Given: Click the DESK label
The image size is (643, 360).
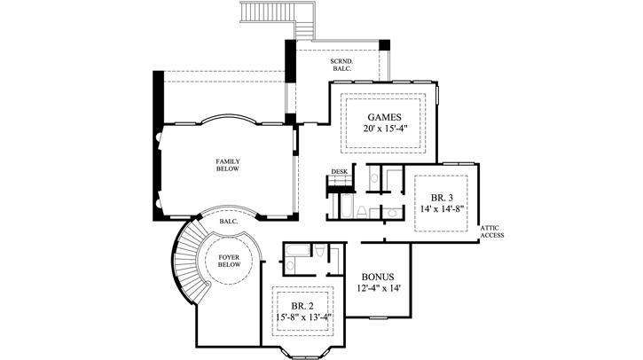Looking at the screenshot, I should pyautogui.click(x=339, y=171).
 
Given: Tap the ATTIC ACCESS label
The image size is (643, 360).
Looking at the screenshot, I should pyautogui.click(x=493, y=231).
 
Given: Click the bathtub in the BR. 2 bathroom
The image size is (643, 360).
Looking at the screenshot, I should pyautogui.click(x=295, y=249).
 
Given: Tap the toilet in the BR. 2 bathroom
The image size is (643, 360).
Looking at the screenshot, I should pyautogui.click(x=293, y=264).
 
